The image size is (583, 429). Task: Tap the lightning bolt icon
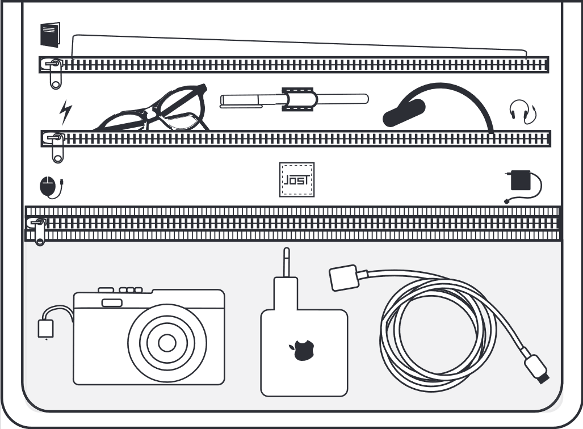coord(66,112)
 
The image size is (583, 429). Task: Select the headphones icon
coord(522,111)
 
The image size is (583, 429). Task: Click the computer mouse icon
coord(49,186)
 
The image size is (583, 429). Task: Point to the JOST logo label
coord(297,180)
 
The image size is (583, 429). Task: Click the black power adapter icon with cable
coord(520,180)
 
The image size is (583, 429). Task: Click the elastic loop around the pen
coord(300,99)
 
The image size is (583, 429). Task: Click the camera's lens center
coord(167,343)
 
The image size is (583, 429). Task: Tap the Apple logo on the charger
coord(303,350)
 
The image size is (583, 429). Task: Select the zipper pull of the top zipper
coord(54,73)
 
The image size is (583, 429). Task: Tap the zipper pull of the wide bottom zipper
coord(39,230)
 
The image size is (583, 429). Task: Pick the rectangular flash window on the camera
coord(112,302)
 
